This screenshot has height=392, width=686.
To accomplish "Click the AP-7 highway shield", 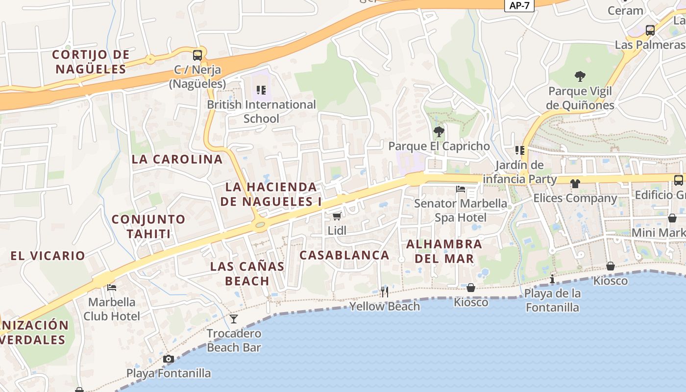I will (x=519, y=5).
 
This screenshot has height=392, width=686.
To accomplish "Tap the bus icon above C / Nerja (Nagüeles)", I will (x=197, y=55).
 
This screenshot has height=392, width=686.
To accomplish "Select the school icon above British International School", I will (x=261, y=90).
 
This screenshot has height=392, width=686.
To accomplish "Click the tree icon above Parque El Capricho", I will (x=439, y=131).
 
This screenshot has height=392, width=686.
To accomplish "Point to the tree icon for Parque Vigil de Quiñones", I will (x=580, y=76).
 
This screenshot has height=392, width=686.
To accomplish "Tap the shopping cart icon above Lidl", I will (x=337, y=216).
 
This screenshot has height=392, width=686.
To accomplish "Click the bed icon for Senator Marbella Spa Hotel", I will (x=461, y=189).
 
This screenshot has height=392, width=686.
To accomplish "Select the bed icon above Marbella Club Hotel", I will (x=112, y=288).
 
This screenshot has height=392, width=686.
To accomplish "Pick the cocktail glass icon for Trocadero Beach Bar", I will (x=234, y=319).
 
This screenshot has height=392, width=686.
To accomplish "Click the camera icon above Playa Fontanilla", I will (x=169, y=359).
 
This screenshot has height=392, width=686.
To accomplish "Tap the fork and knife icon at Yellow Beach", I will (x=385, y=292).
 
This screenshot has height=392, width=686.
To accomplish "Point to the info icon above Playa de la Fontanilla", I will (x=552, y=279).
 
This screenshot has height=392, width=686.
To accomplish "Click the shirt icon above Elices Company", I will (x=575, y=184).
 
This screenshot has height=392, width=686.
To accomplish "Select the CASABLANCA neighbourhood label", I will (x=344, y=255).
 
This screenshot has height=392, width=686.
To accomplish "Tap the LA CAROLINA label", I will (x=177, y=159).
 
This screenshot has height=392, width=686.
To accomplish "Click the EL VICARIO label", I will (x=48, y=256).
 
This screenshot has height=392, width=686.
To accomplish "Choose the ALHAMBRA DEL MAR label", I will (x=444, y=251).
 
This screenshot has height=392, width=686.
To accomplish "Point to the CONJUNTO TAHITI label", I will (x=148, y=226).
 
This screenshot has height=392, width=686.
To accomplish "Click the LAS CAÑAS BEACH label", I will (x=247, y=273).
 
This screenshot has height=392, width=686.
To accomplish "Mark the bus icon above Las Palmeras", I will (x=650, y=30).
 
